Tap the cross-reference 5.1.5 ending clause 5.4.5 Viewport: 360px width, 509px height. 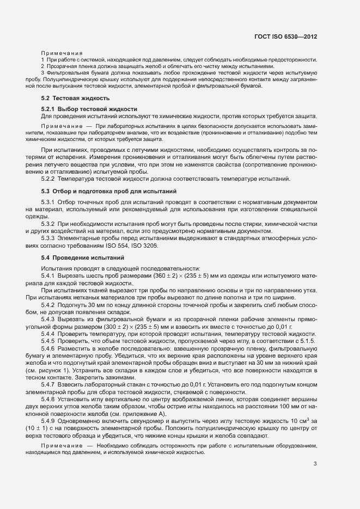[x=309, y=341]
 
